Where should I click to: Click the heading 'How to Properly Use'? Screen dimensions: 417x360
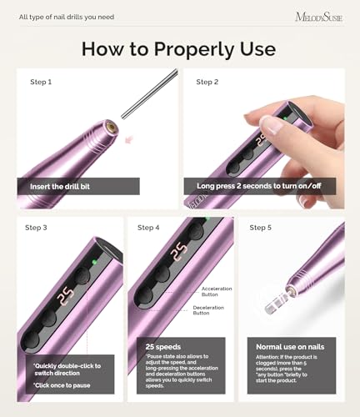click(x=178, y=48)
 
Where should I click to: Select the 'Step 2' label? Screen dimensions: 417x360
click(x=207, y=82)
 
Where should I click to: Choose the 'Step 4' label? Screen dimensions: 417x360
click(x=150, y=228)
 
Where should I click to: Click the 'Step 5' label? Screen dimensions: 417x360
click(x=262, y=228)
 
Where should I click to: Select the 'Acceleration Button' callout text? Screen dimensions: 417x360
click(x=216, y=292)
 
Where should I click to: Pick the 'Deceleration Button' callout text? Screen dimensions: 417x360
click(x=213, y=310)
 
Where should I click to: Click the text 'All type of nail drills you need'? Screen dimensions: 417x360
click(x=67, y=16)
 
